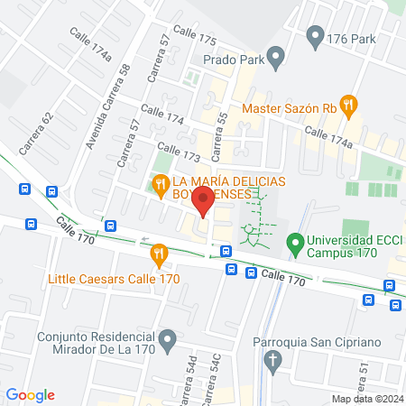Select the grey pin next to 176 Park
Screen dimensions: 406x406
(x=315, y=37)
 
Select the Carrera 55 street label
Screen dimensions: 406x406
(x=217, y=132)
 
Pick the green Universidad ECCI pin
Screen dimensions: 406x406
(x=294, y=243)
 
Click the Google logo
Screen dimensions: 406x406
(x=30, y=394)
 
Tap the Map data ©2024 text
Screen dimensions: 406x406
(x=366, y=399)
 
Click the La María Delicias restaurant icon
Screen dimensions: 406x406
(x=161, y=187)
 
